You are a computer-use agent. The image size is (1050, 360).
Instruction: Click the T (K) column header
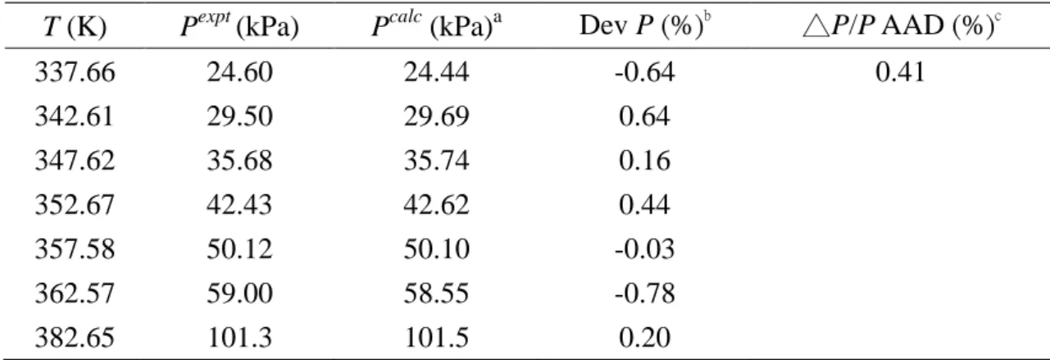[x=75, y=27]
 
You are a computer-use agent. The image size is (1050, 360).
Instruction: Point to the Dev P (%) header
[x=645, y=25]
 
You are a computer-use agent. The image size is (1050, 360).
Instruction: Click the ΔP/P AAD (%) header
[x=902, y=25]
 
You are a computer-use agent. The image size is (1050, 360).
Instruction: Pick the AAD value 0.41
[x=901, y=72]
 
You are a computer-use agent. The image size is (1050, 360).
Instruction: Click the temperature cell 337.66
[x=75, y=72]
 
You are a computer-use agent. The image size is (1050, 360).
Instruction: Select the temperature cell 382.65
[x=75, y=338]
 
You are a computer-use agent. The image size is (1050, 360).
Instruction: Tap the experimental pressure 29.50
[x=239, y=116]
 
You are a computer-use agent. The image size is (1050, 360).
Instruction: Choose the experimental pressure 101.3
[x=239, y=338]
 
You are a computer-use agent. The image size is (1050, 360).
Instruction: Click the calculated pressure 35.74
[x=436, y=161]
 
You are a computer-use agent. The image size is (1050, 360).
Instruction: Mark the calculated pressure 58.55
[x=436, y=294]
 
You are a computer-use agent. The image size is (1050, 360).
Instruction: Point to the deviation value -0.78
[x=645, y=294]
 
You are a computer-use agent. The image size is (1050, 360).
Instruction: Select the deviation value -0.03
[x=645, y=249]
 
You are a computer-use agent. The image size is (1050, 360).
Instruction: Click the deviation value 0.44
[x=644, y=205]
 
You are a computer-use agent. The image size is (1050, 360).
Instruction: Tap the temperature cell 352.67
[x=75, y=205]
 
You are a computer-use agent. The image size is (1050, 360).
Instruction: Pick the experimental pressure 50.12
[x=239, y=249]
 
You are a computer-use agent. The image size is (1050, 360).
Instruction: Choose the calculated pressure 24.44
[x=436, y=72]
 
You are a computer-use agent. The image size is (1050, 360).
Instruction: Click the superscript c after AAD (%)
[x=998, y=17]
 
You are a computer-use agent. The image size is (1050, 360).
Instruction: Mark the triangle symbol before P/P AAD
[x=816, y=26]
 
